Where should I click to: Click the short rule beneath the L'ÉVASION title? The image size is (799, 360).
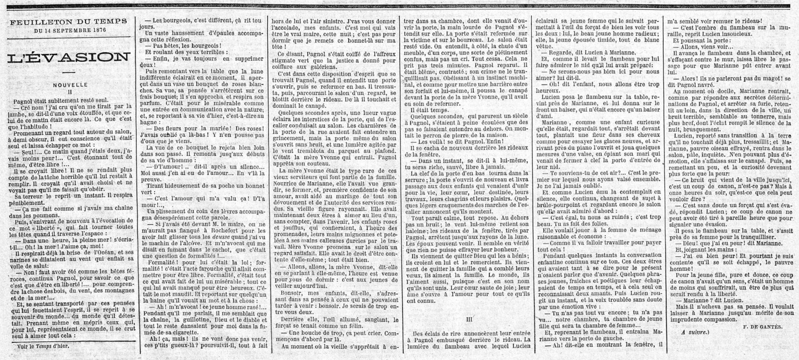[x=69, y=72]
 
